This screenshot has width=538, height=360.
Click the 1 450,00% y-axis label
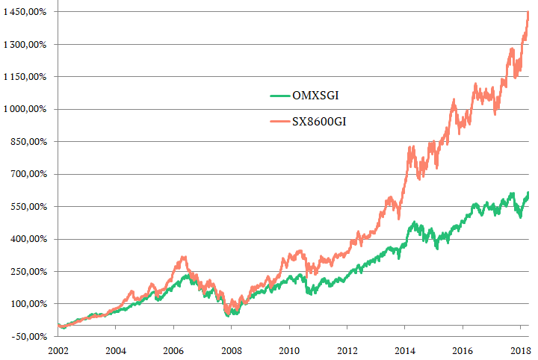point(25,12)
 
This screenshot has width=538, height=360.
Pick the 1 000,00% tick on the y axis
point(25,109)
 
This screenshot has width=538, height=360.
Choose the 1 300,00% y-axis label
point(25,44)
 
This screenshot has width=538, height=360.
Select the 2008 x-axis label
point(231,350)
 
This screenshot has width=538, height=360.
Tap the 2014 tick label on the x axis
point(404,350)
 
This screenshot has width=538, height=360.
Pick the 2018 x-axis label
point(520,350)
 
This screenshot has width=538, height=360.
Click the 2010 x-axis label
point(288,350)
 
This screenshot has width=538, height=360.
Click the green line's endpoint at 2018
point(528,193)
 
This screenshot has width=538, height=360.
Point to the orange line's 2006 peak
point(182,258)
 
